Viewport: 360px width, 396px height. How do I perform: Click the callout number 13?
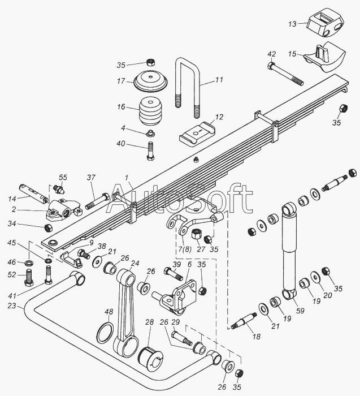coord(292,24)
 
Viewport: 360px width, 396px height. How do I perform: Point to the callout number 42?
coord(271,54)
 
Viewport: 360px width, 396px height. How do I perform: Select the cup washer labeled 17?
coord(151,82)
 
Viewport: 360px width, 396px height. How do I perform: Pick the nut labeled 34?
coord(47,228)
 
